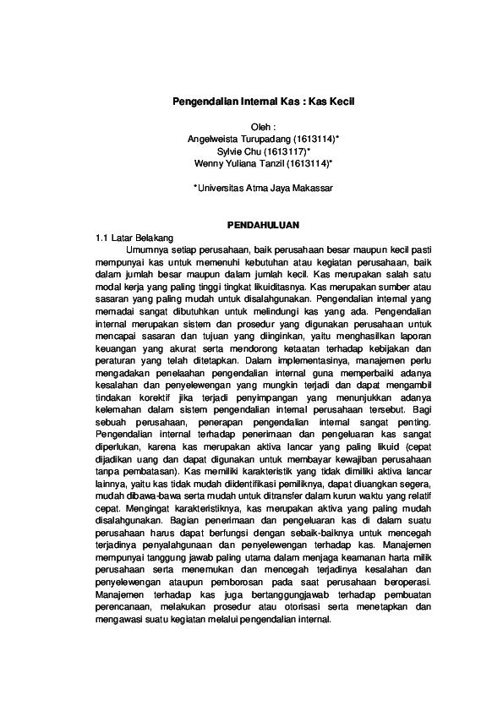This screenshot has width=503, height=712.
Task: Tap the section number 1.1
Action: click(103, 238)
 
